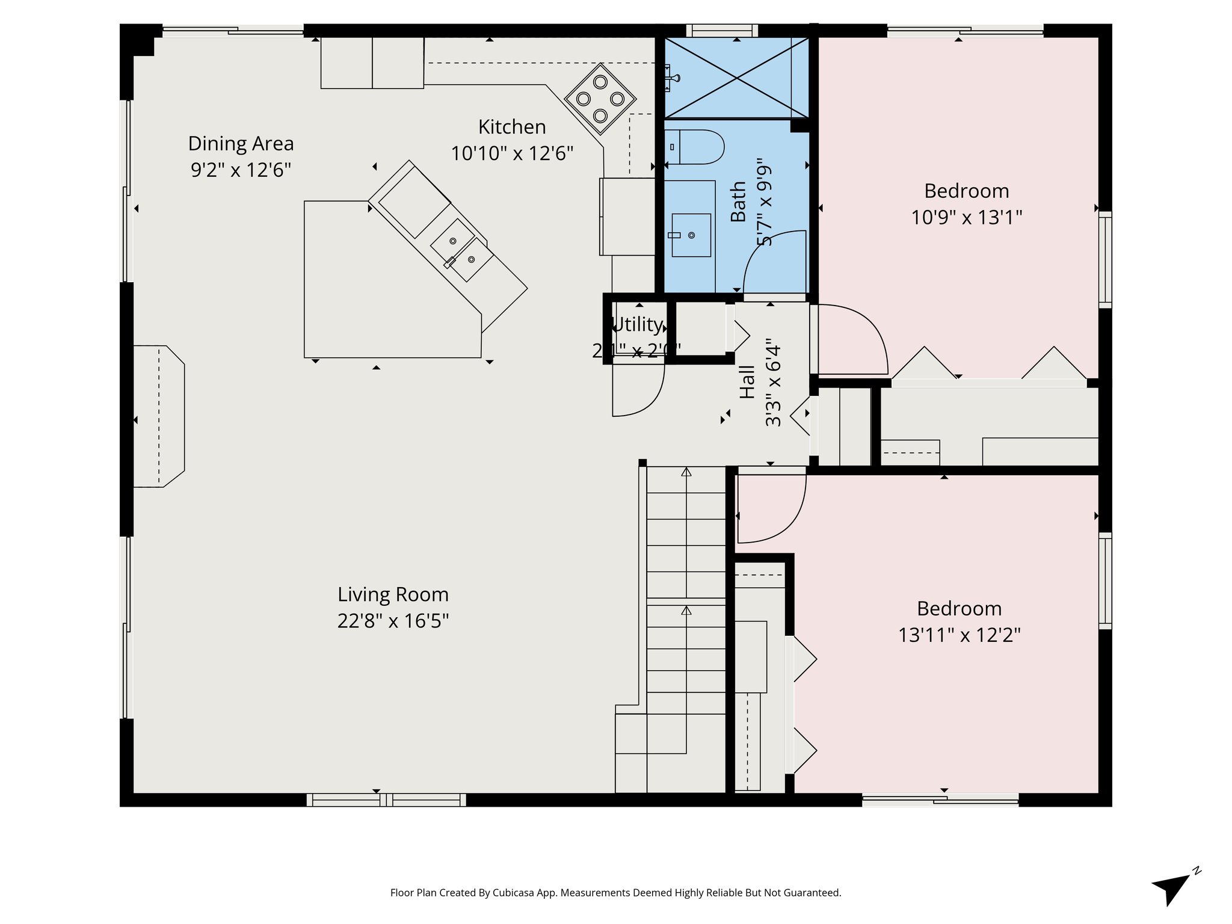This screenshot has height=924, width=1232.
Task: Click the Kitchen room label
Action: point(512,127)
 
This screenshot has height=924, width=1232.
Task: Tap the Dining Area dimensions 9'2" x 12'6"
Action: point(241,170)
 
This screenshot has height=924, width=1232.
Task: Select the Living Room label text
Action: point(393,594)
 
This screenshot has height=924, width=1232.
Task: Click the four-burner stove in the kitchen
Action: point(600,99)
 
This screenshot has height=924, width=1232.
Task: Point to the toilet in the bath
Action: point(695,147)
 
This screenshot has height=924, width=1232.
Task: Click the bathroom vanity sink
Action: point(691,235)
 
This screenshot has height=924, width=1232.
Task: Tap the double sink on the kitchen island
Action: point(462,251)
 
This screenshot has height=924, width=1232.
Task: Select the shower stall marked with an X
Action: point(736,78)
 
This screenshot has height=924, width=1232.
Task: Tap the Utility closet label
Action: point(636,325)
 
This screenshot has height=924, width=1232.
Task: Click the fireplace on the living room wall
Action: point(158,416)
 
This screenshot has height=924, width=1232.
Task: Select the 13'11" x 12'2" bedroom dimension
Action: point(959,635)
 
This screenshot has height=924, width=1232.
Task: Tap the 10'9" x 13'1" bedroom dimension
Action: point(966,217)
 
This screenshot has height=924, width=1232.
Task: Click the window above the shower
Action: point(722,30)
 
